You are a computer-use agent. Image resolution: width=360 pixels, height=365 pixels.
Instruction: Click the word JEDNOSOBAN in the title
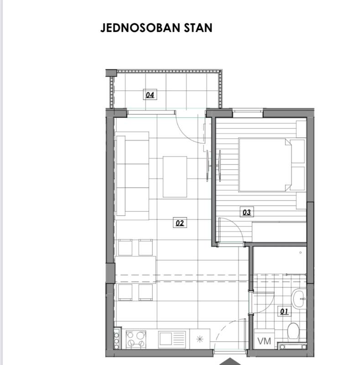tap(141, 28)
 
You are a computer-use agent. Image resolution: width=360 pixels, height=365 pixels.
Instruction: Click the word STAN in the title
tap(198, 28)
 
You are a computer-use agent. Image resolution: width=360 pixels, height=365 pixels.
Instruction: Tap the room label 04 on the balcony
tap(150, 95)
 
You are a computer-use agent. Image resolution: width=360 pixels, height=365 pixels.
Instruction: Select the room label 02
tap(180, 223)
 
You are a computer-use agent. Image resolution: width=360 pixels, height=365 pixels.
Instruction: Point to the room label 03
tap(247, 212)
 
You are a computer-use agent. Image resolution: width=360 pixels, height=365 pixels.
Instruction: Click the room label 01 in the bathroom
tap(284, 312)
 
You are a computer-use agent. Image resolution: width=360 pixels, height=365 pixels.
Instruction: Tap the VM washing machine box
tap(264, 339)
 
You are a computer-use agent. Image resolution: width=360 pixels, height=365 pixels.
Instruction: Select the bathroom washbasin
tap(299, 299)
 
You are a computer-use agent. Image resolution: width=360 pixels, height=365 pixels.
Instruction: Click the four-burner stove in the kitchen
tap(136, 339)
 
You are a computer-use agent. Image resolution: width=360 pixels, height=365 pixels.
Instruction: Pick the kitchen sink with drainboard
tap(172, 339)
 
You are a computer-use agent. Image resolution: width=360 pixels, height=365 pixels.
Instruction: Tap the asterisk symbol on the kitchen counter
tap(200, 339)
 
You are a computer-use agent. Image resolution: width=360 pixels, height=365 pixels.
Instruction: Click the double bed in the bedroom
tap(265, 165)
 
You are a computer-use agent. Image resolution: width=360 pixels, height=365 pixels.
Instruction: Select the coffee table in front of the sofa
tap(175, 177)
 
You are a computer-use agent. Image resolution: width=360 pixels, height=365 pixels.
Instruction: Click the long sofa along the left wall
tap(132, 176)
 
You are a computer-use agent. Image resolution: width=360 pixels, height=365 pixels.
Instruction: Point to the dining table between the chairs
tap(136, 270)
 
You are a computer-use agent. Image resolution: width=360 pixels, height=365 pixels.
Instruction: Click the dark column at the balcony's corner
tap(111, 73)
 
